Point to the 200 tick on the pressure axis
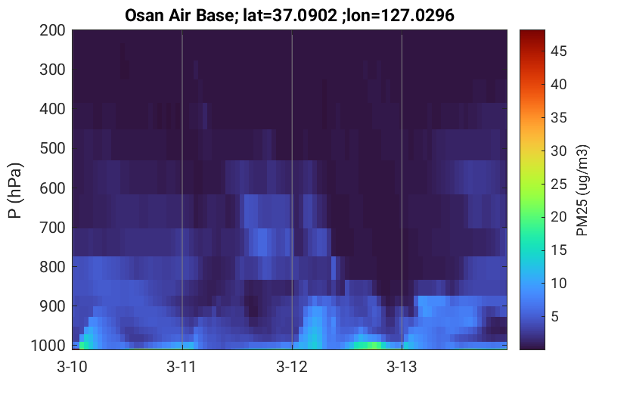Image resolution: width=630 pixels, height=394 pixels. pyautogui.click(x=52, y=30)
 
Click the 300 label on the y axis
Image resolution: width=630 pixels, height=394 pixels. pyautogui.click(x=52, y=70)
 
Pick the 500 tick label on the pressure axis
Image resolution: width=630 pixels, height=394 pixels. pyautogui.click(x=52, y=148)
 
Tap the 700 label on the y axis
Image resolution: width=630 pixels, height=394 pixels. pyautogui.click(x=52, y=228)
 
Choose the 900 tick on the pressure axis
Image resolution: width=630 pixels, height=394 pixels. pyautogui.click(x=52, y=306)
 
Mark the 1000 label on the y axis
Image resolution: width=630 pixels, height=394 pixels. pyautogui.click(x=48, y=346)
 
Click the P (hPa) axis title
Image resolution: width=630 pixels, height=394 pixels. pyautogui.click(x=14, y=191)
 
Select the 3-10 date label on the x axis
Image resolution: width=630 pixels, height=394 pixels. pyautogui.click(x=73, y=367)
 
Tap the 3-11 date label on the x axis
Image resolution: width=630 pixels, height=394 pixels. pyautogui.click(x=182, y=367)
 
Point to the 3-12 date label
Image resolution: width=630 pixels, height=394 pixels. pyautogui.click(x=292, y=367)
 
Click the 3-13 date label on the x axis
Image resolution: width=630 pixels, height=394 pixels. pyautogui.click(x=402, y=367)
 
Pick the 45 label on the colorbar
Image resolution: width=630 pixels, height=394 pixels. pyautogui.click(x=558, y=51)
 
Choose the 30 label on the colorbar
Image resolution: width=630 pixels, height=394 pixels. pyautogui.click(x=558, y=151)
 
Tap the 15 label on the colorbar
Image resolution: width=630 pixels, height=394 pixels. pyautogui.click(x=558, y=250)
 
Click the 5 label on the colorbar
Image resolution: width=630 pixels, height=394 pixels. pyautogui.click(x=554, y=316)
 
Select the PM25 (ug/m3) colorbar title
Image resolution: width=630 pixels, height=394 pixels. pyautogui.click(x=582, y=191)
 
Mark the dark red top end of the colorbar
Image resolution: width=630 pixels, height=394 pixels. pyautogui.click(x=532, y=31)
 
